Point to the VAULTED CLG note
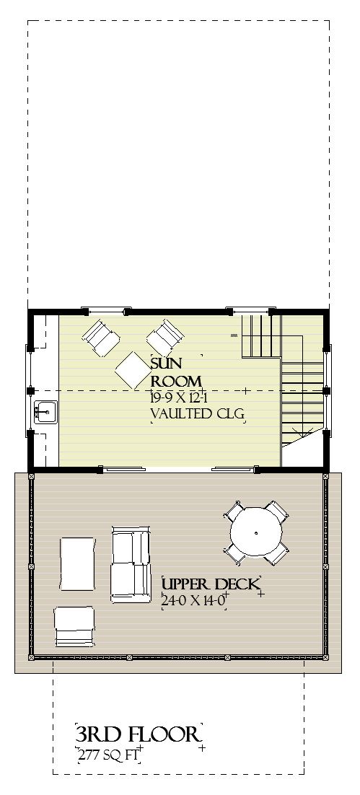pyautogui.click(x=196, y=414)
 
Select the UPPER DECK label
pyautogui.click(x=209, y=584)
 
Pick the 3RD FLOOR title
pyautogui.click(x=137, y=735)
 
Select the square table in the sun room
pyautogui.click(x=132, y=370)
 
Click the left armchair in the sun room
pyautogui.click(x=100, y=337)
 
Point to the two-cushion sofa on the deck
pyautogui.click(x=130, y=564)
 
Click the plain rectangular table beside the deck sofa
pyautogui.click(x=77, y=563)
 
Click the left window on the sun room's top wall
pyautogui.click(x=107, y=311)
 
